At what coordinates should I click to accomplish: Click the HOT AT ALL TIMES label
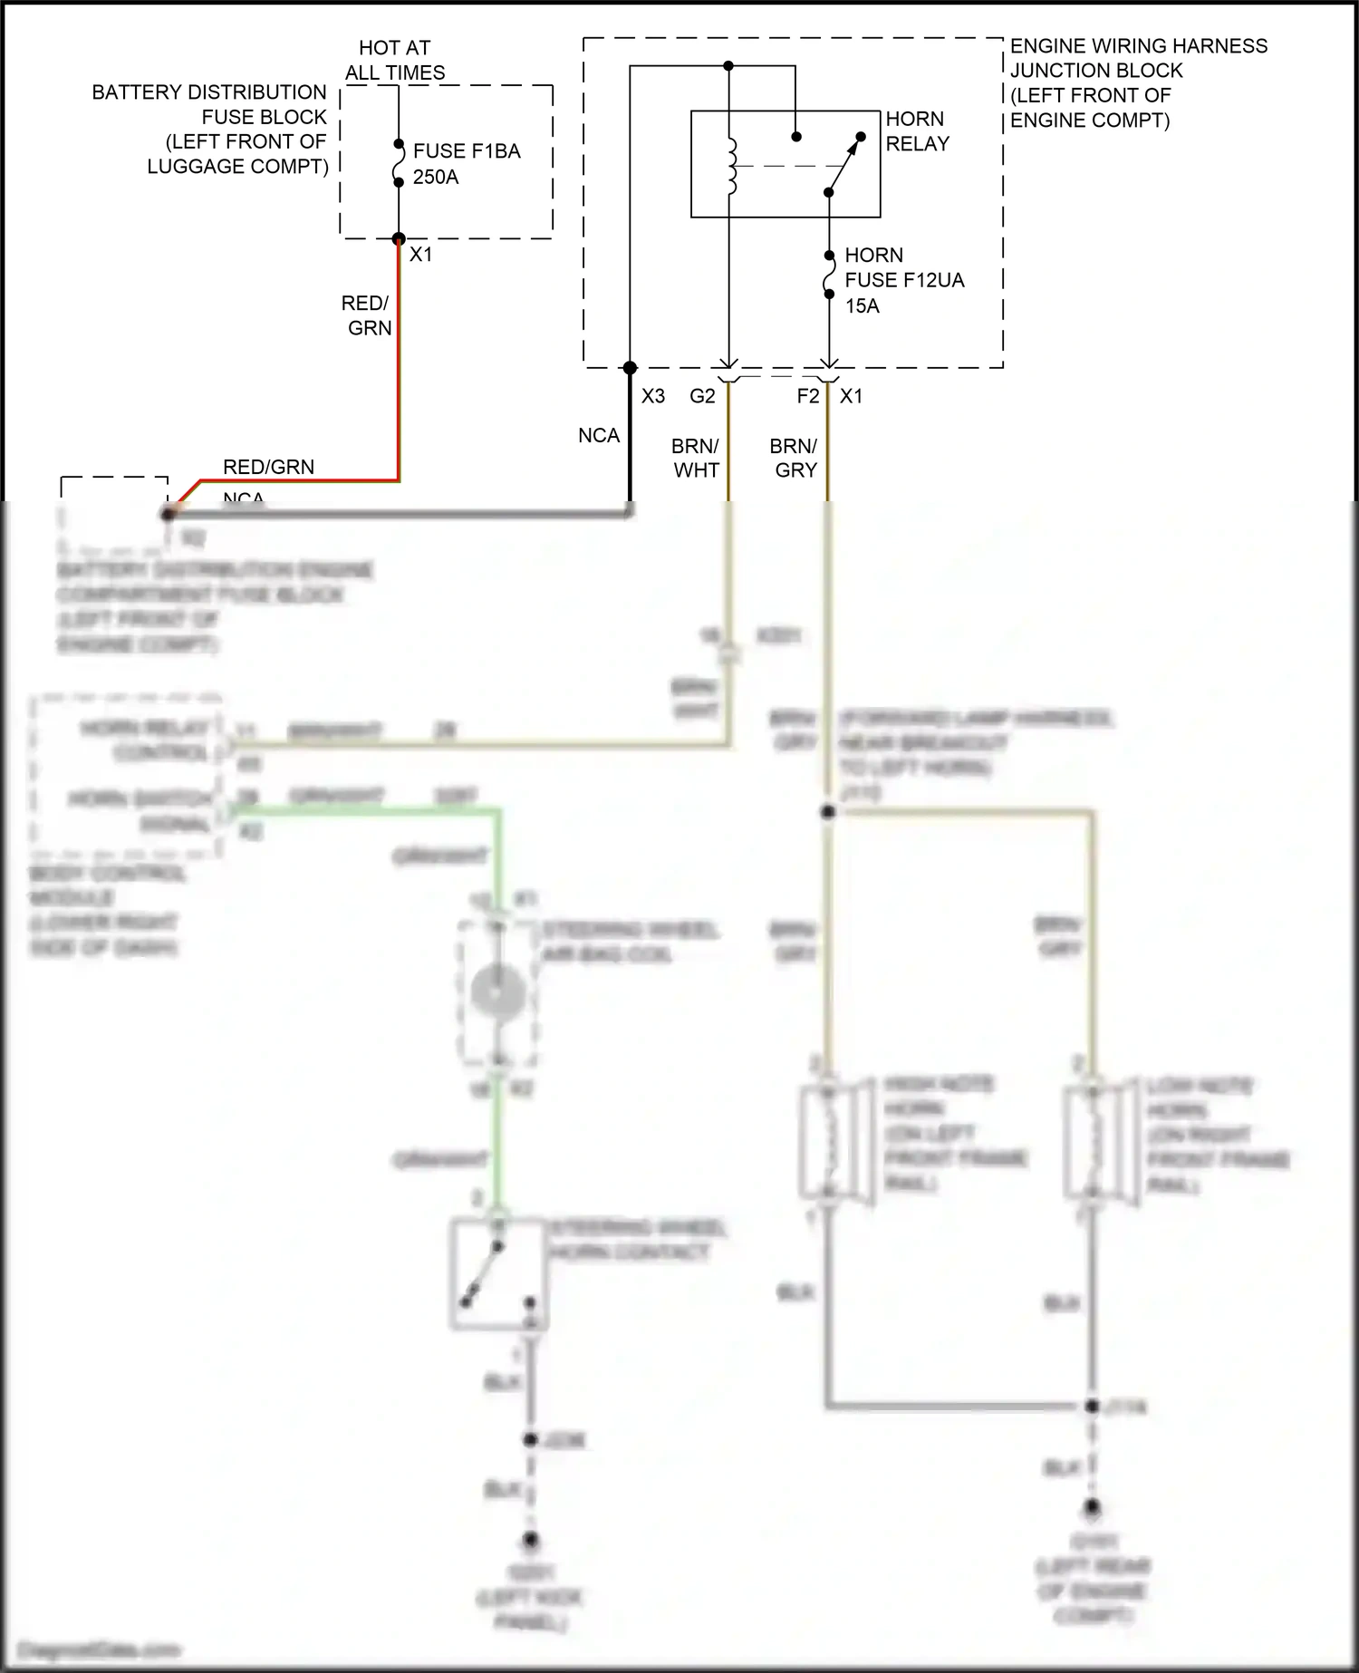395,60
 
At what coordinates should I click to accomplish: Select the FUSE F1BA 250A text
466,164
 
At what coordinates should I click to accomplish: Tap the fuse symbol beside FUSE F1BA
398,163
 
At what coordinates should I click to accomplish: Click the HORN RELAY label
917,131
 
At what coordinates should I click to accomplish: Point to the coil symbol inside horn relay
732,166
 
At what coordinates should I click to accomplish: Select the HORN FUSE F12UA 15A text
903,280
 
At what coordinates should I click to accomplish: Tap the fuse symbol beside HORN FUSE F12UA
828,276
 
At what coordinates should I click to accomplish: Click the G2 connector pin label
702,396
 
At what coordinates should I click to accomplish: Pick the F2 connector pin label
807,396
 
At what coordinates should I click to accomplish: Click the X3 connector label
653,396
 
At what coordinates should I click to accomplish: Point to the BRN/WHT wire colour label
696,459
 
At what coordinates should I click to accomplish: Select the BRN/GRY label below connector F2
795,459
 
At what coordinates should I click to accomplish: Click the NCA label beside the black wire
599,436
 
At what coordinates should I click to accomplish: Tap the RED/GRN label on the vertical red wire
367,315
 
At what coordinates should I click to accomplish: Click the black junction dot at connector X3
631,368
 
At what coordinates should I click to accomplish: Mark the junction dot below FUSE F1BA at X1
398,239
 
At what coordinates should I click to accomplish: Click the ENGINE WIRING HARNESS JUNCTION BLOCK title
1138,82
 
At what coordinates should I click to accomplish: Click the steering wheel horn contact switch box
497,1273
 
